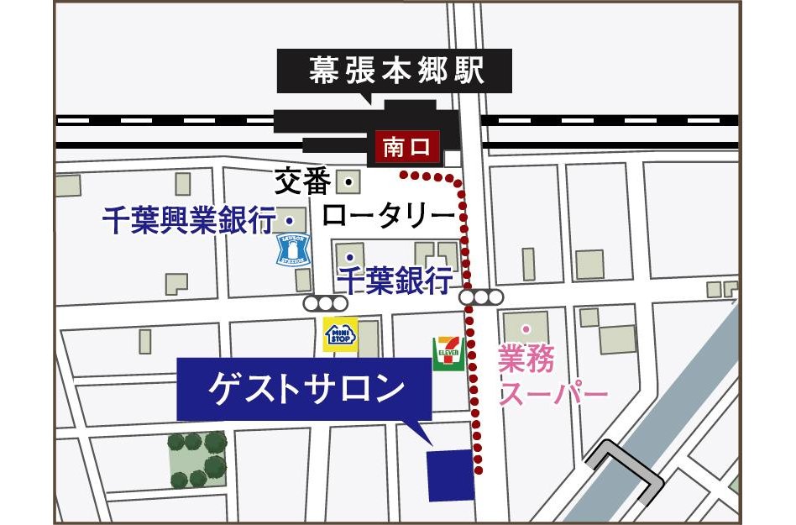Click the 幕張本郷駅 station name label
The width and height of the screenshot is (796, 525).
(x=394, y=71)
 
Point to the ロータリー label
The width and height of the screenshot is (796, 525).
(x=387, y=216)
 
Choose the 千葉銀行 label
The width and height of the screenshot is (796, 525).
(x=394, y=278)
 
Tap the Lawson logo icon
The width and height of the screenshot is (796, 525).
(x=293, y=249)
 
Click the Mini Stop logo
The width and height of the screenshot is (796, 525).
(x=341, y=334)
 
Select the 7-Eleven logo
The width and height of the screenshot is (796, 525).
(x=445, y=354)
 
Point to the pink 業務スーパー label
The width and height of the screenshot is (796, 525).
(x=552, y=377)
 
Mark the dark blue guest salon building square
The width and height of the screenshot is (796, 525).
(x=451, y=475)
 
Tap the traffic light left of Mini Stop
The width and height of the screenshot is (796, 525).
(x=326, y=302)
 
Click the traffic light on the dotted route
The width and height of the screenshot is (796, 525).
(x=482, y=297)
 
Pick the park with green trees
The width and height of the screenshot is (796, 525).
(x=198, y=459)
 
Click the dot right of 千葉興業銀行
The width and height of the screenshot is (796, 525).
(x=290, y=220)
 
